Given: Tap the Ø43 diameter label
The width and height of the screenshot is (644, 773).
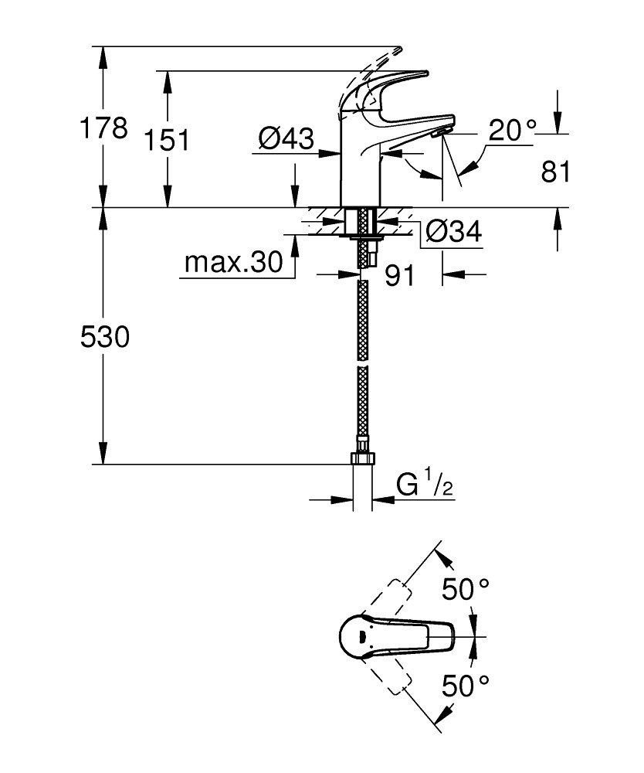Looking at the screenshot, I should [286, 140].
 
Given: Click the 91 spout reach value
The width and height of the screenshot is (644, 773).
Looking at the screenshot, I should [400, 277].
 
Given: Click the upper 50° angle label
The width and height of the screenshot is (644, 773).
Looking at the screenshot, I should [466, 591].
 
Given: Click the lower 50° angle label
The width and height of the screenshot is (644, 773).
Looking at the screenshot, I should [466, 683].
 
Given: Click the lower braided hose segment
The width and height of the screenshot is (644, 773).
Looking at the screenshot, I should [363, 406].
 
